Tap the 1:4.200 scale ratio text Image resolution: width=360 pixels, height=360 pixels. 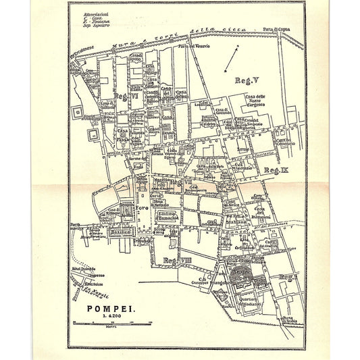click(109, 319)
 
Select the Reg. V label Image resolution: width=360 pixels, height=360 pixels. click(247, 80)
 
